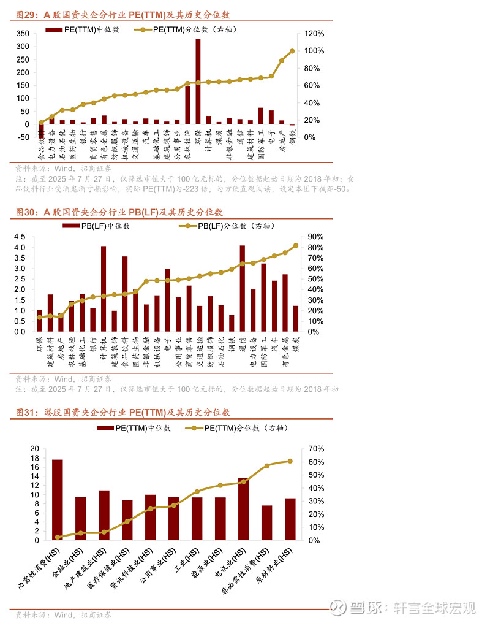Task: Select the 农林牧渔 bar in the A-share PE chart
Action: [x=187, y=105]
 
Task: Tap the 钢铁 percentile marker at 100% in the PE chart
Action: [x=292, y=51]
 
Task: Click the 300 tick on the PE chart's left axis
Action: [x=22, y=47]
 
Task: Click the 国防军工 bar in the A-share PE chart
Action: [x=261, y=116]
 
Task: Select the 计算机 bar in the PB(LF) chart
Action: [x=104, y=289]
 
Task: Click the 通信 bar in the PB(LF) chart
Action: [x=243, y=288]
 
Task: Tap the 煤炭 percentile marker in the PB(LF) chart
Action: [x=296, y=245]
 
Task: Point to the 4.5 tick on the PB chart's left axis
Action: [x=20, y=237]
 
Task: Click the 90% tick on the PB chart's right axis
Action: [x=315, y=237]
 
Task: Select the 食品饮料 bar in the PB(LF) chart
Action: [x=125, y=294]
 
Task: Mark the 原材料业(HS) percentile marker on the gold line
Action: [x=290, y=461]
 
